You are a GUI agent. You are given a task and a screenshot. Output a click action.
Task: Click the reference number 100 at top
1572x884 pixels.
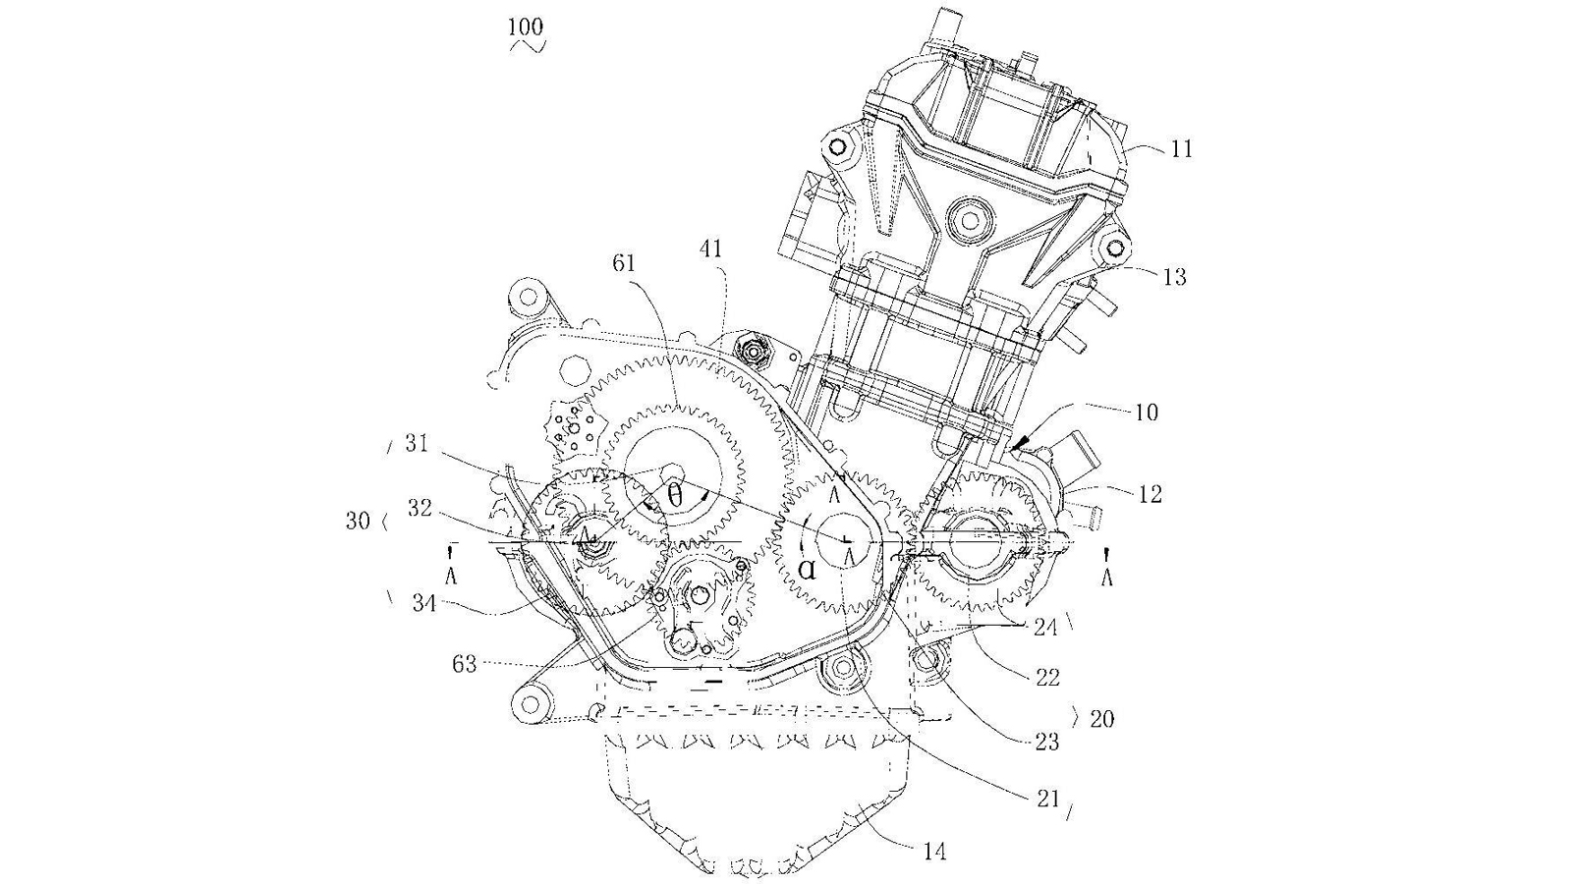[x=526, y=26]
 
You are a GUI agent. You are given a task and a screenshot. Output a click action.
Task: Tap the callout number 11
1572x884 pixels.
[x=1181, y=149]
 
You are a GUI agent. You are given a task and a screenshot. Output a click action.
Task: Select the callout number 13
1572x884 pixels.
[x=1174, y=278]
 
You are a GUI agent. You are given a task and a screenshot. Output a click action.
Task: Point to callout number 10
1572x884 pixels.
[x=1146, y=413]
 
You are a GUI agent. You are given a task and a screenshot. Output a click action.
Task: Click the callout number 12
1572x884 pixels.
[x=1150, y=494]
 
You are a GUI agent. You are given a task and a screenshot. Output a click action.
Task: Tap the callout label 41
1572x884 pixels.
[x=710, y=249]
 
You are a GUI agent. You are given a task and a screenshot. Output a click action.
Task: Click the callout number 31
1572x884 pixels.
[x=418, y=445]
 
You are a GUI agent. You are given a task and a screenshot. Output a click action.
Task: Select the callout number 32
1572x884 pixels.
[x=420, y=509]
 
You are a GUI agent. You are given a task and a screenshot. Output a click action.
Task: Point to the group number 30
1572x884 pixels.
[x=358, y=522]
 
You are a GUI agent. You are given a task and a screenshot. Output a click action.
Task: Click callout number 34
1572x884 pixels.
[x=423, y=602]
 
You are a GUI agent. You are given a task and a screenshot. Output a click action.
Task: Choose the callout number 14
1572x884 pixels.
[x=935, y=851]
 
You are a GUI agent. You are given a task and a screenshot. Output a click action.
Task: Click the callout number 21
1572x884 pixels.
[x=1048, y=799]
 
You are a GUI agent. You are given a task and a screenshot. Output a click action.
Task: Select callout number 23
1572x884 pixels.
[x=1047, y=742]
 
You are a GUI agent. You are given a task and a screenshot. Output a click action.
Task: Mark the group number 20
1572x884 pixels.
[x=1101, y=719]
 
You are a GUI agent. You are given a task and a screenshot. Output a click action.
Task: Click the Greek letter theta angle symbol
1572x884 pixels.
[x=675, y=496]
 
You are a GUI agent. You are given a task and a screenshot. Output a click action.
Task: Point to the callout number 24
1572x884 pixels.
[x=1045, y=627]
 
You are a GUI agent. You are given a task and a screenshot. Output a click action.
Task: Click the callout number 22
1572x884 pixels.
[x=1047, y=677]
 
